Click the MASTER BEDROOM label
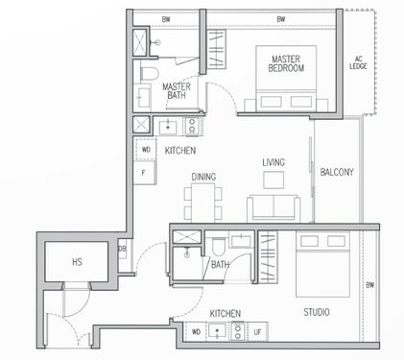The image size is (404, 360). click(286, 63)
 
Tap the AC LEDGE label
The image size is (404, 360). click(358, 62)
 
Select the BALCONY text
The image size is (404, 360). click(337, 172)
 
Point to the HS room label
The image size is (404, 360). click(77, 262)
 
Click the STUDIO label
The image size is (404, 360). click(317, 312)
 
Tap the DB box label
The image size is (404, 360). click(122, 249)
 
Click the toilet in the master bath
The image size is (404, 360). click(150, 73)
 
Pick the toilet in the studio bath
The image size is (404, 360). click(219, 246)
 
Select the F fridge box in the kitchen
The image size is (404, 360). click(145, 173)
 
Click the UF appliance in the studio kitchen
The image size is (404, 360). click(257, 332)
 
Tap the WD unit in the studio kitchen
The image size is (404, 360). click(196, 332)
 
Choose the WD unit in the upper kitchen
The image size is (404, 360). click(146, 150)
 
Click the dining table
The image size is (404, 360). click(203, 203)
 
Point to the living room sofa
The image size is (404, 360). click(273, 208)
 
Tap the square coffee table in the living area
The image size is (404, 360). click(273, 180)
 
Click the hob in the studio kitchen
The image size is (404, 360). click(238, 332)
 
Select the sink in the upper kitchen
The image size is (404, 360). click(168, 126)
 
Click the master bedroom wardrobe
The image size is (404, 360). click(217, 49)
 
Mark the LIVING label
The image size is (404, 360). click(273, 162)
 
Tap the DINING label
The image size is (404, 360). click(203, 177)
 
